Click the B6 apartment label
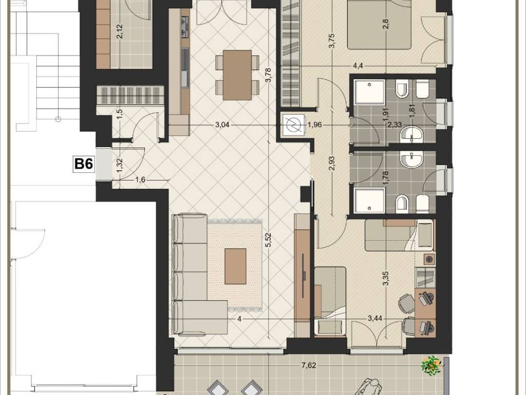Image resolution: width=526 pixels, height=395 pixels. coord(83,164)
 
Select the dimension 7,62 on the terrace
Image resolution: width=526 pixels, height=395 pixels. coord(309,366)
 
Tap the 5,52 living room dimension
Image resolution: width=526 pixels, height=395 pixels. coord(268,241)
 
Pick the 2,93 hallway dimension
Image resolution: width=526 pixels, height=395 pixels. coord(332,163)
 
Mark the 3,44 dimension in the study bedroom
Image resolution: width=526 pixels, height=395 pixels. coord(374,318)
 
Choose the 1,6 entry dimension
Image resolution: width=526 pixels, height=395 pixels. coord(140,179)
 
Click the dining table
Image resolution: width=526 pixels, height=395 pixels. coord(237,75)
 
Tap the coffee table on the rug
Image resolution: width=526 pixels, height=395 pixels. coord(235,266)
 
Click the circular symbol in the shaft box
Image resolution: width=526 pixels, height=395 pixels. coord(293,125)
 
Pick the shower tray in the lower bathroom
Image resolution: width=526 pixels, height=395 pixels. coord(369,201)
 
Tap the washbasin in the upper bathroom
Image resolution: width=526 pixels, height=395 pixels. coord(412,134)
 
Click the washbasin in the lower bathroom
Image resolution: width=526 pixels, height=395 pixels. coord(412,159)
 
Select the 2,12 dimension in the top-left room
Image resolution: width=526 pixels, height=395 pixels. coord(120,31)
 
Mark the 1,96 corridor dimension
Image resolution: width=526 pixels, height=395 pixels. coord(315,125)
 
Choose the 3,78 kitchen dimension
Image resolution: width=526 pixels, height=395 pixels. coord(268,75)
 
